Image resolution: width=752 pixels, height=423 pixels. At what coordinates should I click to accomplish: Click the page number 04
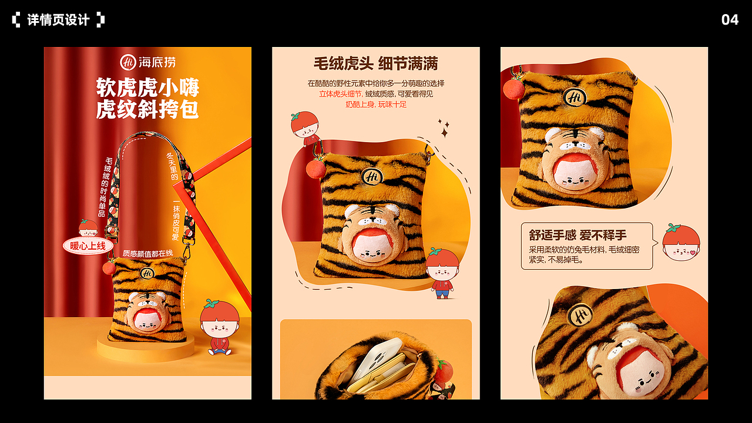[730, 20]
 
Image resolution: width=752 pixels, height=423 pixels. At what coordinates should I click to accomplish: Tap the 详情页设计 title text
[58, 20]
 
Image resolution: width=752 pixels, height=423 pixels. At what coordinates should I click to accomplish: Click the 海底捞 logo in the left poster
[148, 62]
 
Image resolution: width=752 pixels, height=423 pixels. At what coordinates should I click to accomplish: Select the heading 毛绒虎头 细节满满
[375, 63]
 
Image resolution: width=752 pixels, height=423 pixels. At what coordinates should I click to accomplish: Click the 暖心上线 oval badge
[88, 246]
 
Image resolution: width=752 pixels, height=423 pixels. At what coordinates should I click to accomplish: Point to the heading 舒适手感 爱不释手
[578, 236]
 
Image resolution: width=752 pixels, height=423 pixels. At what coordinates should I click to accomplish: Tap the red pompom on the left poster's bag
[109, 267]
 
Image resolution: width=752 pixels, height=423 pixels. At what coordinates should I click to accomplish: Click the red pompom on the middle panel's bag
[315, 169]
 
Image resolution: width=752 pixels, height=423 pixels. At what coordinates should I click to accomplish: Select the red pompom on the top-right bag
[514, 88]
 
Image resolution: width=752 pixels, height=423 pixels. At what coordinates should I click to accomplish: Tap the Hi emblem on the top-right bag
[574, 98]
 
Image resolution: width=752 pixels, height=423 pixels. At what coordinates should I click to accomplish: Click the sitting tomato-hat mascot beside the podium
[219, 328]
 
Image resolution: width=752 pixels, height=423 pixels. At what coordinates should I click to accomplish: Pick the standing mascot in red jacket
[442, 273]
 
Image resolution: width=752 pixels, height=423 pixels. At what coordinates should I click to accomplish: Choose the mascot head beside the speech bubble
[681, 243]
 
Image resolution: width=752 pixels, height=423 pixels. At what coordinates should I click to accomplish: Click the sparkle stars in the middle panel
[444, 128]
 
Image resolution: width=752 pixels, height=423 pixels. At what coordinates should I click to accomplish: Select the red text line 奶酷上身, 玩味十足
[375, 105]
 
